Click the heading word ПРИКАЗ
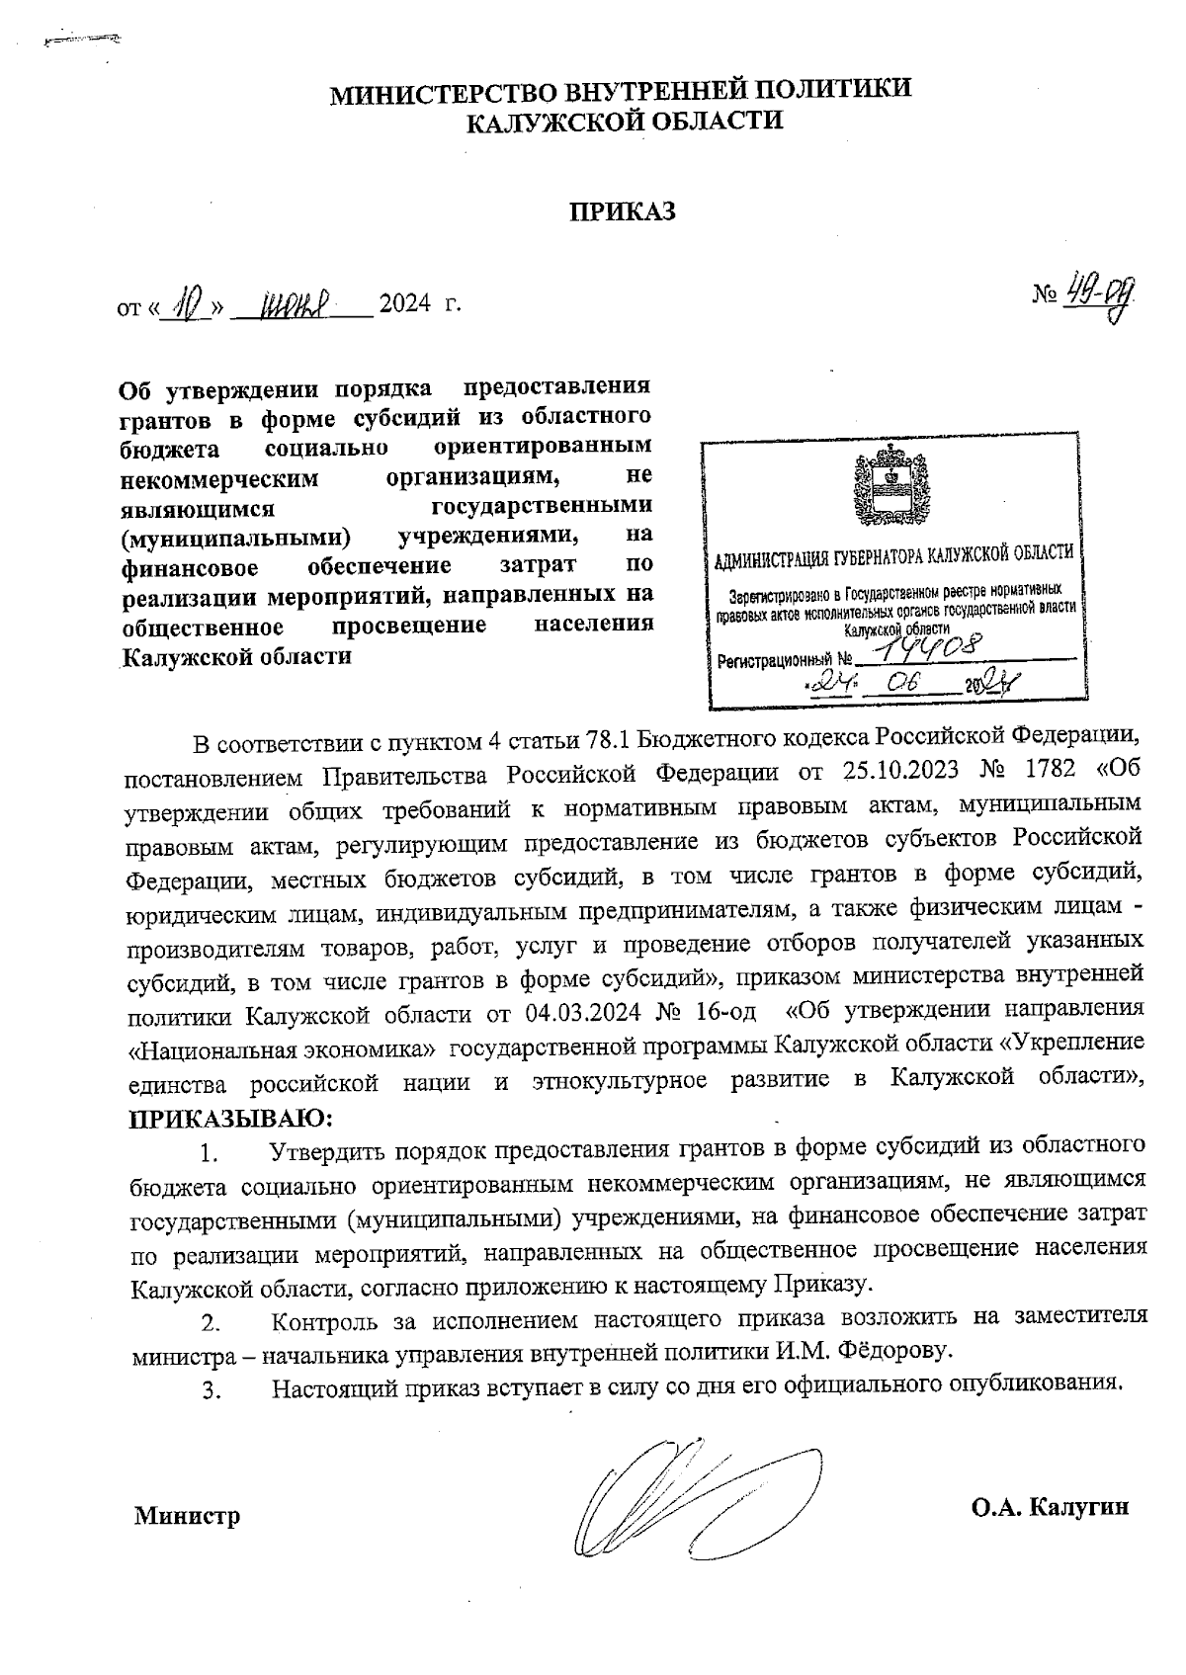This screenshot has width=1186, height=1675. click(x=622, y=211)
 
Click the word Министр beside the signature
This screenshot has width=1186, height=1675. click(x=188, y=1515)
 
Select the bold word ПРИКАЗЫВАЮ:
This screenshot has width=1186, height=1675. click(x=231, y=1119)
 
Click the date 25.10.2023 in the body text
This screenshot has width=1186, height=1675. click(x=902, y=770)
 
